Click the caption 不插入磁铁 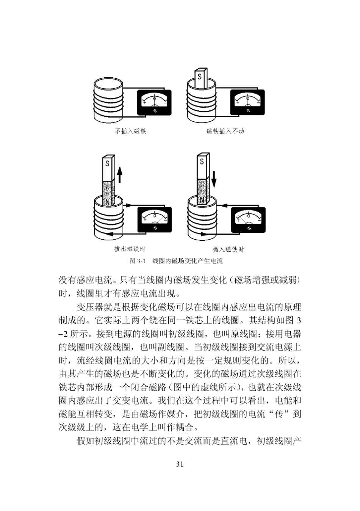[130, 131]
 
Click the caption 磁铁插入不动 [225, 131]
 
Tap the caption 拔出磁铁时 [130, 249]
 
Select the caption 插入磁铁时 [228, 249]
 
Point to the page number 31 [180, 464]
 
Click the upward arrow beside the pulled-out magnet [119, 175]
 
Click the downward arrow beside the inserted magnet [214, 179]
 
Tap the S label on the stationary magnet [199, 76]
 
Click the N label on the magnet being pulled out [107, 202]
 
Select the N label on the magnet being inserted [202, 200]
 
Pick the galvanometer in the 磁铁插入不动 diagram [247, 103]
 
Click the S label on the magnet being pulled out [108, 164]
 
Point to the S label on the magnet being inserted [202, 161]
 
